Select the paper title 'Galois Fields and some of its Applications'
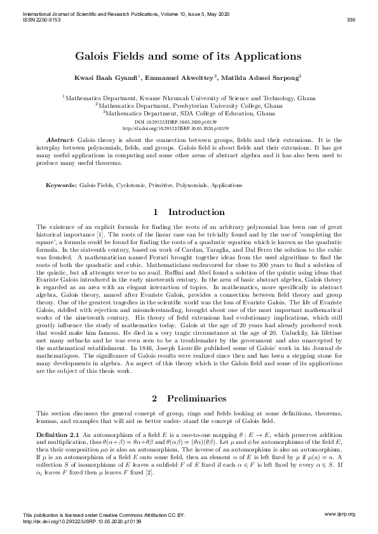[x=188, y=56]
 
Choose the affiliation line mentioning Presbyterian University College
[x=188, y=107]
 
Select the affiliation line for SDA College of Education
[x=188, y=114]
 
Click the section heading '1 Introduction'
[x=189, y=212]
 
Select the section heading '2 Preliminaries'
[x=189, y=398]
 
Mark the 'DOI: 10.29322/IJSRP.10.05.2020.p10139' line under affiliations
[x=188, y=120]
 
